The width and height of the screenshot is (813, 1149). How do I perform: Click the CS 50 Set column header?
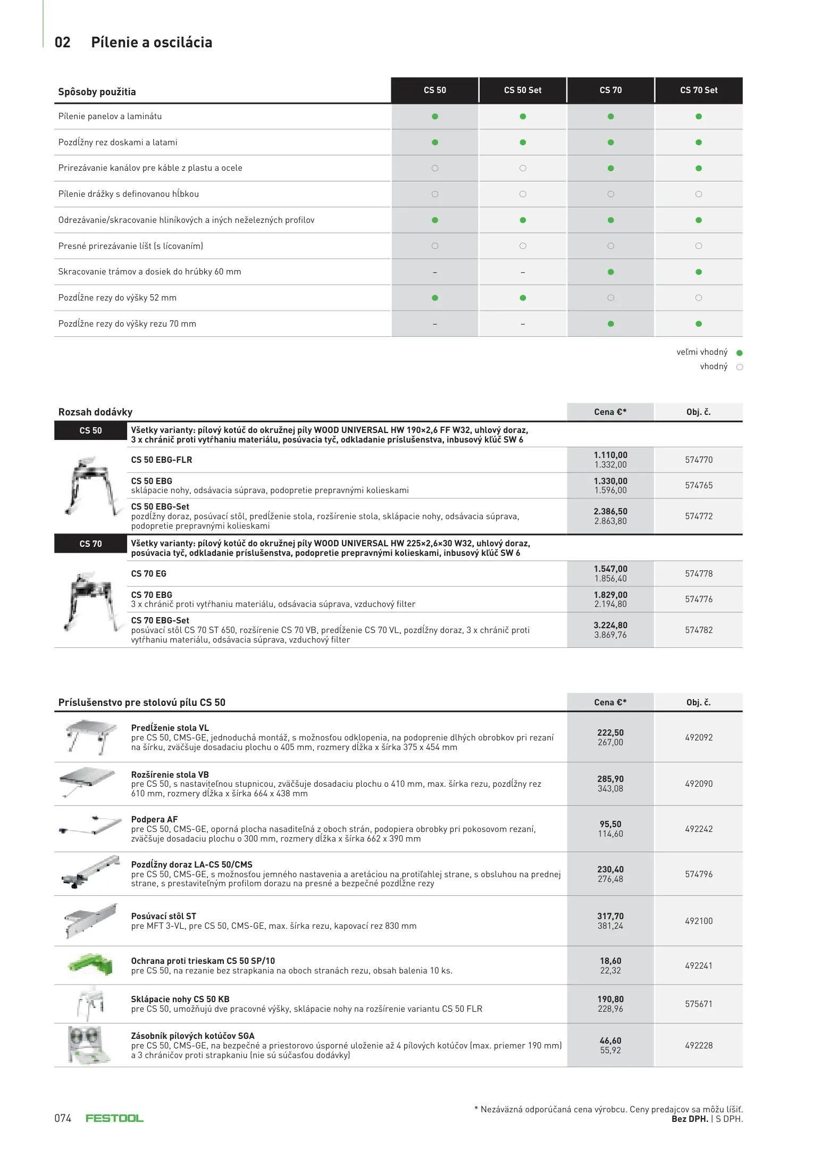[522, 90]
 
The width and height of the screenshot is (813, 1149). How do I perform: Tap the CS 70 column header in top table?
[610, 90]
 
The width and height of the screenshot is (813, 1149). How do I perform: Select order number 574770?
[698, 460]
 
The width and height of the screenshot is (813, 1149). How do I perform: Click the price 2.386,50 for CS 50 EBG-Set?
[610, 512]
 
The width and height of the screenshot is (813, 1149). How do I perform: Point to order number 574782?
[698, 630]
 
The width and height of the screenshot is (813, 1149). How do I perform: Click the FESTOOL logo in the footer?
[114, 1118]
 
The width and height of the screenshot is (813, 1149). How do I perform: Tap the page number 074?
[63, 1118]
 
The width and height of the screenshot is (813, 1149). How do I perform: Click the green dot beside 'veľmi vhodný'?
[739, 353]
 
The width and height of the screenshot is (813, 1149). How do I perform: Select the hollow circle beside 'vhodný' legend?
[739, 367]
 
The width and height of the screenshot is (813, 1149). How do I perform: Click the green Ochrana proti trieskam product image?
[91, 964]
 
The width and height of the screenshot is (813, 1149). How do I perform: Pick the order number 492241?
[698, 965]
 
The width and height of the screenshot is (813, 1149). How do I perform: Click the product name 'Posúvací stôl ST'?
[163, 916]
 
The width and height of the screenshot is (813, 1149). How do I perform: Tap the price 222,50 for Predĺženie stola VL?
[610, 733]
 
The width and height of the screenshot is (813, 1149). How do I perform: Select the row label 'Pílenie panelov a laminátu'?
[110, 116]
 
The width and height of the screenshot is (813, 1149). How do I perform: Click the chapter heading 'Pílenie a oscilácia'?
[152, 43]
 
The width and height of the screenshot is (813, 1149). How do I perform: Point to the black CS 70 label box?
[90, 544]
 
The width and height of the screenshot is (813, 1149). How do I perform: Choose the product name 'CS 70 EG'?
[149, 574]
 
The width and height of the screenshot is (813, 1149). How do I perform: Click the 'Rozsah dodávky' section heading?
[95, 412]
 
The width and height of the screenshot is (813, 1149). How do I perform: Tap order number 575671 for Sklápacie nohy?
[698, 1004]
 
